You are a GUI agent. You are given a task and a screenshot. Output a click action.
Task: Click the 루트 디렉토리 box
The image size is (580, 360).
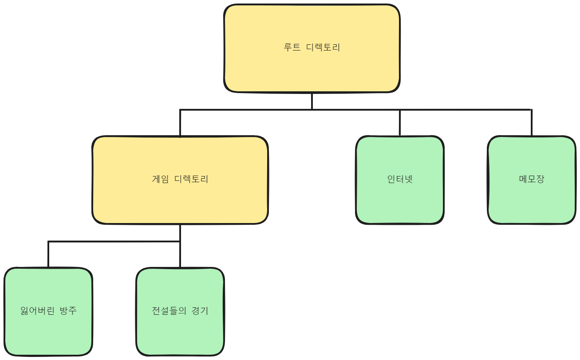pyautogui.click(x=312, y=66)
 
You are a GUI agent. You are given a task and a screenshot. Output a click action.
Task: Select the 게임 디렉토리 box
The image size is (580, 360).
pyautogui.click(x=180, y=198)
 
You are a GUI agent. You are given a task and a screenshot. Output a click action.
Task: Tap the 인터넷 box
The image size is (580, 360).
pyautogui.click(x=400, y=198)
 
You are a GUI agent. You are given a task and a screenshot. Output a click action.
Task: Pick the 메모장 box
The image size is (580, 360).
pyautogui.click(x=532, y=198)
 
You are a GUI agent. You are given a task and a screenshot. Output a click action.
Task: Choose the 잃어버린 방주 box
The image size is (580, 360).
pyautogui.click(x=48, y=329)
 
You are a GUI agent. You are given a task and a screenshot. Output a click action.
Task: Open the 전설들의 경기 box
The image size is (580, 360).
pyautogui.click(x=180, y=329)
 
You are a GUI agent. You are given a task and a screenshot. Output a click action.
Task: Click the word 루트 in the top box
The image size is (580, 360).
pyautogui.click(x=292, y=47)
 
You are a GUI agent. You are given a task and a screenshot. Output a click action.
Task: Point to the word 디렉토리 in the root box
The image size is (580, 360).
pyautogui.click(x=323, y=47)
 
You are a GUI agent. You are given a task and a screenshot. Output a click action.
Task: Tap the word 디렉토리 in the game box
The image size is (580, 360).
pyautogui.click(x=191, y=179)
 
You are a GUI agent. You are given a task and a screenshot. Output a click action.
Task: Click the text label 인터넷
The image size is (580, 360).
pyautogui.click(x=400, y=179)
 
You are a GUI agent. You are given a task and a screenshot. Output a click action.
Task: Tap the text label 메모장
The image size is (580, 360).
pyautogui.click(x=532, y=179)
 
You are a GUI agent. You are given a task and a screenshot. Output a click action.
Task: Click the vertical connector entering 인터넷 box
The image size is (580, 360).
pyautogui.click(x=400, y=122)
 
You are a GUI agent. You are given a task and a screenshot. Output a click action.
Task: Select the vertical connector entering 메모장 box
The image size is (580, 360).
pyautogui.click(x=532, y=122)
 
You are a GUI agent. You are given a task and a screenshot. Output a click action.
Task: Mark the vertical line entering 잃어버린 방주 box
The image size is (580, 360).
pyautogui.click(x=48, y=254)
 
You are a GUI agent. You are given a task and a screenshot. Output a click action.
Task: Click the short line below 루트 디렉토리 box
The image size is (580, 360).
pyautogui.click(x=312, y=101)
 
